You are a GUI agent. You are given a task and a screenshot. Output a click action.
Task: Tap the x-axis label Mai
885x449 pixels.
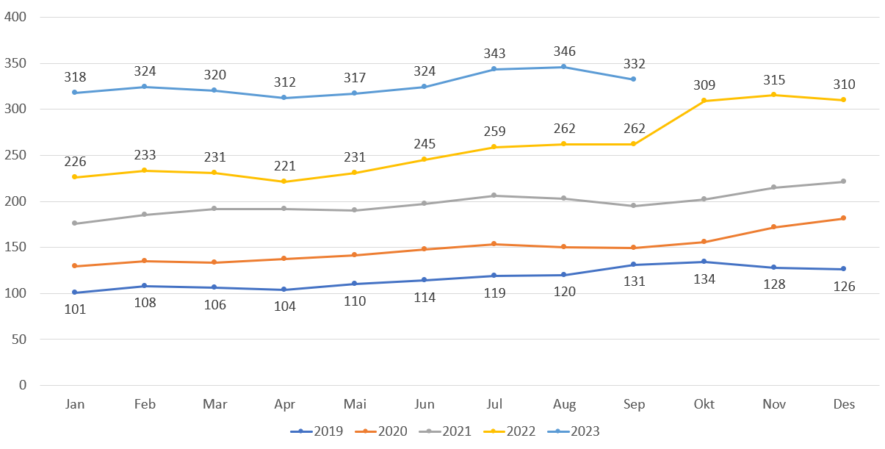point(354,404)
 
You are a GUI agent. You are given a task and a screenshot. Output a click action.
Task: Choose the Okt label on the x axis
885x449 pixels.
point(703,404)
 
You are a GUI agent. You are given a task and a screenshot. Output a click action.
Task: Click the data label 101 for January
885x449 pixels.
point(76,309)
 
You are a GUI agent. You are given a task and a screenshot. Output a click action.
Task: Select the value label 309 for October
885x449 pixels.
point(704,85)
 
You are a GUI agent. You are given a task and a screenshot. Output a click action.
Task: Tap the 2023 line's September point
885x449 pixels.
point(633,79)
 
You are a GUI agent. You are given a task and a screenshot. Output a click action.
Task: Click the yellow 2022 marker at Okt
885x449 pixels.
point(704,101)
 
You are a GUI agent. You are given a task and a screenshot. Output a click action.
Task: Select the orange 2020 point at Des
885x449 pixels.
point(843,218)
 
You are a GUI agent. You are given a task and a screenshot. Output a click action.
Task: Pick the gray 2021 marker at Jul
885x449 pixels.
point(494,195)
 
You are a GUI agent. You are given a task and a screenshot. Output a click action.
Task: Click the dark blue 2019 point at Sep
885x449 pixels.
point(633,265)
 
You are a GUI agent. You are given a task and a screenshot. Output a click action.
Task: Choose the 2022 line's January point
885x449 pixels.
point(76,177)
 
